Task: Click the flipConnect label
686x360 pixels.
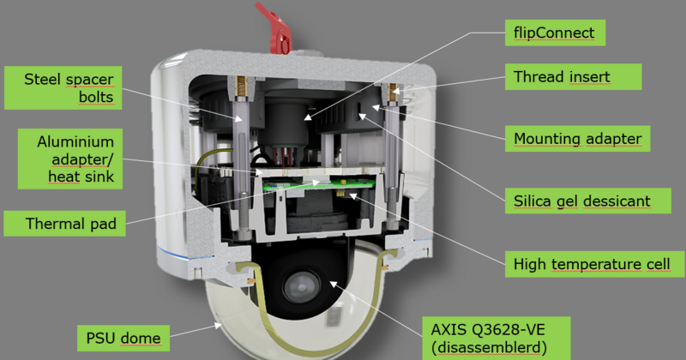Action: pos(555,33)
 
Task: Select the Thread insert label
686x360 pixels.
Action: pos(573,77)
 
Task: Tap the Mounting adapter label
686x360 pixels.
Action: pos(577,139)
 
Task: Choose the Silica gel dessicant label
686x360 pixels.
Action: pos(587,201)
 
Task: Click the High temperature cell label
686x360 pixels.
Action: pos(594,264)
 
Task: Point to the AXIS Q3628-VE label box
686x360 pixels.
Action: pos(496,338)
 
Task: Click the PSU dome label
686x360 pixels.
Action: pos(123,338)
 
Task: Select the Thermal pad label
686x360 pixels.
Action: pos(65,224)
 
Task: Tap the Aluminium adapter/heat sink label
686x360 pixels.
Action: pos(70,159)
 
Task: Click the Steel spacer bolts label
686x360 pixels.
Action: pos(63,88)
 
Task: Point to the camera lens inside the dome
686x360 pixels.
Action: pos(301,287)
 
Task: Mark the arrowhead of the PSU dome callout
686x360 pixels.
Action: pos(218,325)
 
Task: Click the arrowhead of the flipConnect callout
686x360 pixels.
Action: pos(309,117)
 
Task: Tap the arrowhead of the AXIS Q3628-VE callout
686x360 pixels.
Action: pos(334,285)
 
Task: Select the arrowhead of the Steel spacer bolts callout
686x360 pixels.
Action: pos(238,118)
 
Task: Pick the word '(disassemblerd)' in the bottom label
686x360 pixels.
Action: pos(489,348)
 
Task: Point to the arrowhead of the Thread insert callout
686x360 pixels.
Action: pos(395,91)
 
